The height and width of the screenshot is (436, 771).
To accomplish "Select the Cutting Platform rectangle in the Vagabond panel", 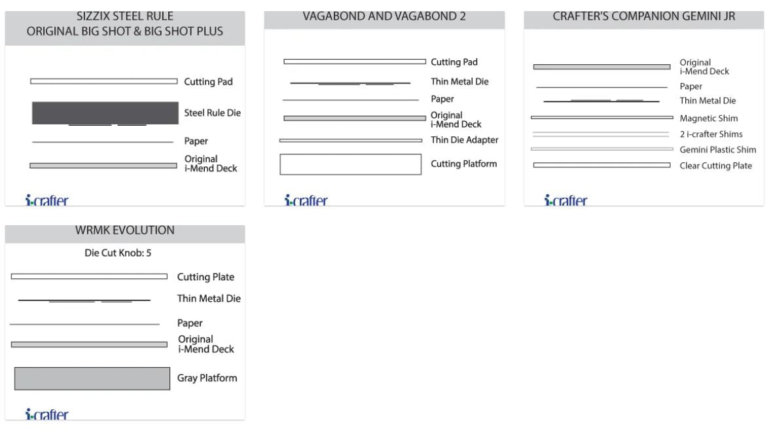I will tap(350, 164).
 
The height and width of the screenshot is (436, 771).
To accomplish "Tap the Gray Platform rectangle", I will tap(92, 378).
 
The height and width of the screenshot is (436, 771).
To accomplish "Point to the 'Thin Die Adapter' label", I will tap(464, 140).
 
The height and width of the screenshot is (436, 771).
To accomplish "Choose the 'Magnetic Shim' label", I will tap(708, 118).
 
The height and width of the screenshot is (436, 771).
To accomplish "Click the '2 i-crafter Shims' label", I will tap(711, 134).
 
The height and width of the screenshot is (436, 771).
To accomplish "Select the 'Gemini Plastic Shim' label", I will tap(717, 150).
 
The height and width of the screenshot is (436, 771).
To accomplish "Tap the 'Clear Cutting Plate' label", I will tap(715, 166).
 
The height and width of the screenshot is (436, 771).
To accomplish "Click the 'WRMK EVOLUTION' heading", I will tap(125, 230).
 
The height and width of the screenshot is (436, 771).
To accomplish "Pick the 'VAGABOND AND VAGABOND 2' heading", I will tap(384, 17).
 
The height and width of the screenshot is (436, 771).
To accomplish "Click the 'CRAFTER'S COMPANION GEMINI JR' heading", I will tap(643, 17).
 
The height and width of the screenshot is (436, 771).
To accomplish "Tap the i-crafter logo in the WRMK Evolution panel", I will tap(46, 414).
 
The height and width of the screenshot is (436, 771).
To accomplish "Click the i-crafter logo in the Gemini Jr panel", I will tap(566, 200).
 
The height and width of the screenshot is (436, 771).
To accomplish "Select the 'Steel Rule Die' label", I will tap(212, 113).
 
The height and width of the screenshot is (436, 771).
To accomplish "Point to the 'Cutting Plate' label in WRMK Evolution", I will tap(206, 277).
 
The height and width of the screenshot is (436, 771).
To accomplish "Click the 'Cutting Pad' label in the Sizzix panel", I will tap(208, 82).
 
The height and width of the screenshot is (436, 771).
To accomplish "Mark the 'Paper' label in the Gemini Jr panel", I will tap(690, 86).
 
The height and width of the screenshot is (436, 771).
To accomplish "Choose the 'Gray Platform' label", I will tap(207, 378).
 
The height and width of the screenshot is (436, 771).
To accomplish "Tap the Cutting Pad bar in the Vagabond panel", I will tap(354, 62).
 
